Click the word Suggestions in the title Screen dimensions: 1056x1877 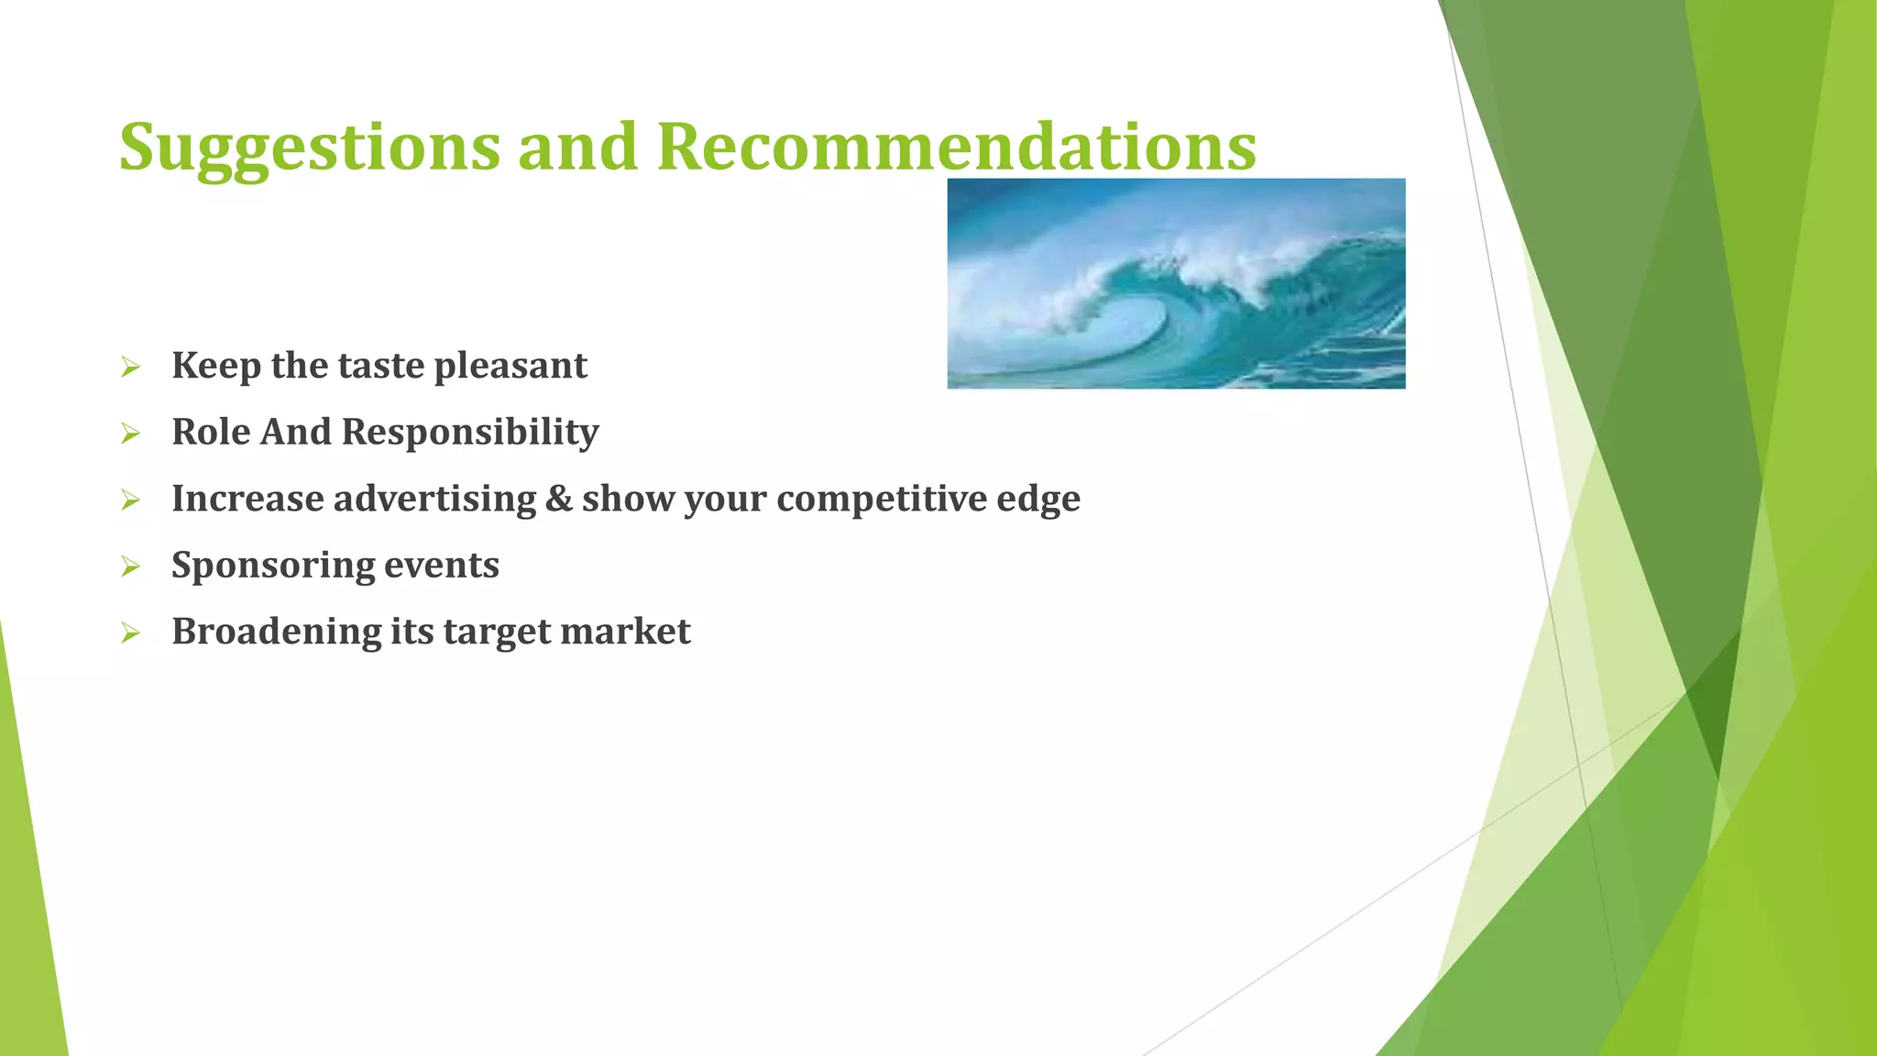310,147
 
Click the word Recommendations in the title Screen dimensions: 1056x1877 956,147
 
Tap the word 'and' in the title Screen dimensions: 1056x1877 577,147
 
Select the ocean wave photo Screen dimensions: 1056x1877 1176,283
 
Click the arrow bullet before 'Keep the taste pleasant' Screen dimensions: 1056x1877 130,368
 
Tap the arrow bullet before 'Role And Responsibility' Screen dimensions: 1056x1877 130,434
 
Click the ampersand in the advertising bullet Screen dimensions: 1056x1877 558,499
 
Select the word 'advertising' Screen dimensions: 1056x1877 434,499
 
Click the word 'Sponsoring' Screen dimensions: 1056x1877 271,566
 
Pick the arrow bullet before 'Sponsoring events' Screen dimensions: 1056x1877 130,566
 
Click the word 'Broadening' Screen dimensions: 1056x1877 276,632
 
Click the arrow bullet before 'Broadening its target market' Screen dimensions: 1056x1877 130,633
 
